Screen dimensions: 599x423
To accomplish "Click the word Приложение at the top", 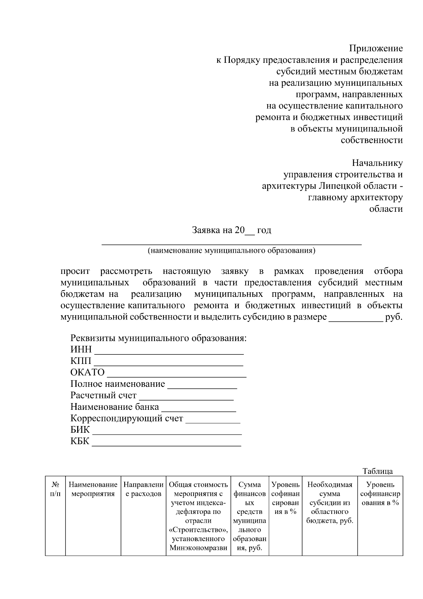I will coord(376,48).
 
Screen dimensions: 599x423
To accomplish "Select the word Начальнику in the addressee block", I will coord(377,163).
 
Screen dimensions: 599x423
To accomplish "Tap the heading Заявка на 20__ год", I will coord(232,230).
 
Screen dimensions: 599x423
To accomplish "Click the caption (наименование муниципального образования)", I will coord(232,251).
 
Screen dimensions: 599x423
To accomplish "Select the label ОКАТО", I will coord(87,372).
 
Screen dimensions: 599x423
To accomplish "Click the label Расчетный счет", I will coord(103,395).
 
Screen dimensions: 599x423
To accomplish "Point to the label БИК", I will coord(80,430).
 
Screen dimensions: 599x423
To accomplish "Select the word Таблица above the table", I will coord(378,471).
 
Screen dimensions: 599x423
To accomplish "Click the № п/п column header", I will coord(55,489).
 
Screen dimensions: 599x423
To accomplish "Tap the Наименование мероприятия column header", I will coord(93,489).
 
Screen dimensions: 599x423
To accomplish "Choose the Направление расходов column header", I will coord(143,489).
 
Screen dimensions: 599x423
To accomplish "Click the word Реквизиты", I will coord(93,338).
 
